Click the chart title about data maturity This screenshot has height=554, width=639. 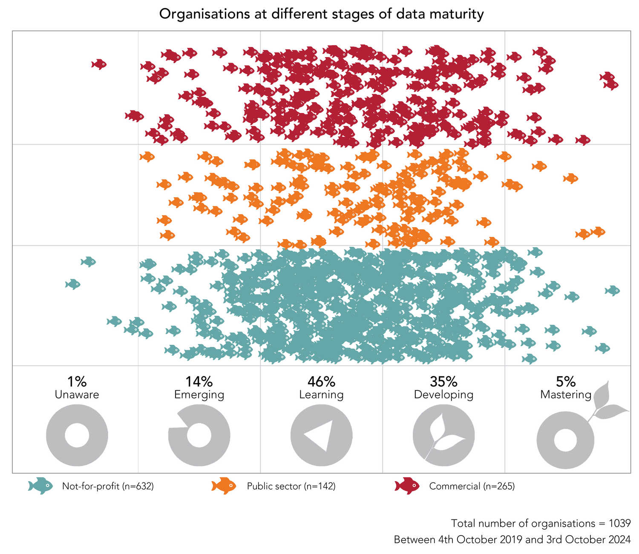(x=321, y=14)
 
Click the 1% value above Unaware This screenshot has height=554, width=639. (x=77, y=381)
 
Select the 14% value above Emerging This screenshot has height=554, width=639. (x=199, y=381)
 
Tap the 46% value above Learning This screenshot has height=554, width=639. (x=321, y=381)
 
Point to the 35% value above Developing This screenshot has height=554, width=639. (x=443, y=381)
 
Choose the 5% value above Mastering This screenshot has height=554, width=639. (x=566, y=381)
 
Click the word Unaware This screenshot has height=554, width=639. (x=77, y=395)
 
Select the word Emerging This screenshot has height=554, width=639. (x=199, y=395)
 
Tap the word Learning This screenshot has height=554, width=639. (x=321, y=395)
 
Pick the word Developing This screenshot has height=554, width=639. (x=443, y=395)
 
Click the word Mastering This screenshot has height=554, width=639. (x=566, y=395)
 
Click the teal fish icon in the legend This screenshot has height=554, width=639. (x=40, y=486)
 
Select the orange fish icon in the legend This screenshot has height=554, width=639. (x=224, y=486)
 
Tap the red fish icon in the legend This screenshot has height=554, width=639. (x=407, y=486)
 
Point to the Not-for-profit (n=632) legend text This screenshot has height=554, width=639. (x=108, y=486)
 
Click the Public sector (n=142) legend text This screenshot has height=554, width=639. (x=291, y=486)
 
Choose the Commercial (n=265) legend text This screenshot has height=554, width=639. (x=472, y=486)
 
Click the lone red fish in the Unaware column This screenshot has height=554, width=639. (x=99, y=64)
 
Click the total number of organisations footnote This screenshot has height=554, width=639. (x=540, y=523)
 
